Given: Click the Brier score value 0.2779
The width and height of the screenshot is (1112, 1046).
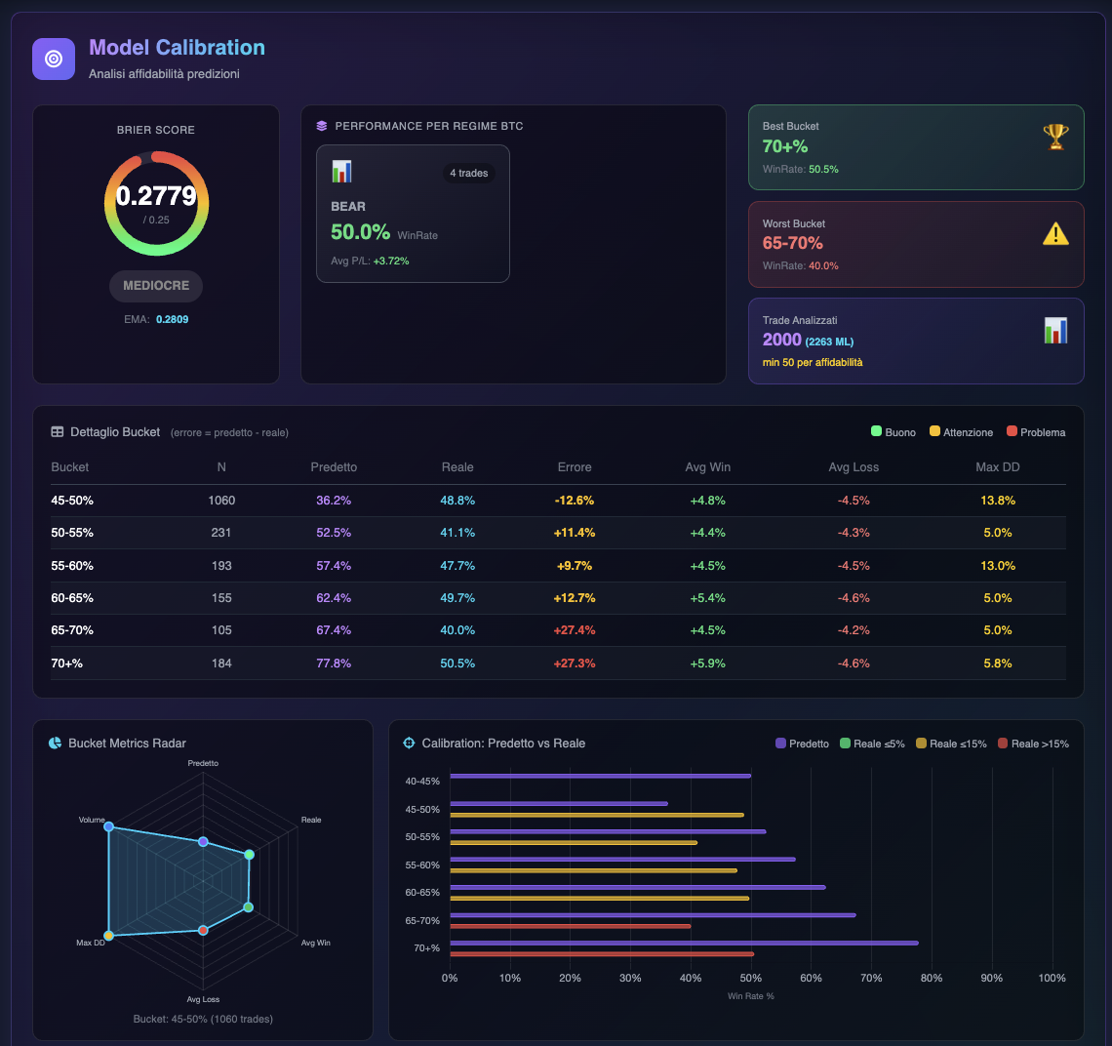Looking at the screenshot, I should (156, 196).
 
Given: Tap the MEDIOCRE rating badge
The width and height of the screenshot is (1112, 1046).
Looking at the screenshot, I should (156, 286).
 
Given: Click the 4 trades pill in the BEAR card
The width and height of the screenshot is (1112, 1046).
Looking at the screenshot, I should (468, 173).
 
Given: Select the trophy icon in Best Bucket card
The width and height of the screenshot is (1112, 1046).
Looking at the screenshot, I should (1056, 138).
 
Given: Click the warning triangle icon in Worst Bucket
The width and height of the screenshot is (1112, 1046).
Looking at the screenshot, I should (1056, 234).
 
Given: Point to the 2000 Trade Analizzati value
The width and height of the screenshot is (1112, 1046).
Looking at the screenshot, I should (781, 340).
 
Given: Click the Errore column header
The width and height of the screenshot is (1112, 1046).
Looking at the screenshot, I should (575, 467).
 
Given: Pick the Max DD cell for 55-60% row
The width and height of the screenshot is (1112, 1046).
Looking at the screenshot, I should (998, 566).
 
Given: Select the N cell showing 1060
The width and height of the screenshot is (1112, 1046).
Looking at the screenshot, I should (221, 501).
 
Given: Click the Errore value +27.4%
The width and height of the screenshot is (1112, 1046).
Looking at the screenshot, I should (575, 630).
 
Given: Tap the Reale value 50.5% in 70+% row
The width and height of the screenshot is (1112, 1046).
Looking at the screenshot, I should (457, 664).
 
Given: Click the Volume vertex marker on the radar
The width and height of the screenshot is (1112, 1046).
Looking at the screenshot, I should (109, 827).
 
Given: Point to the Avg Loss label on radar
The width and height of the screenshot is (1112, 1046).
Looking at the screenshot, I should (203, 999).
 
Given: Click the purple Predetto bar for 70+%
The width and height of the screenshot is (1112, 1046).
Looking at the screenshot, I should (683, 943).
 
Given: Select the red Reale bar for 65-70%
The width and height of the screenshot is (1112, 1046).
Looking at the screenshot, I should (570, 926).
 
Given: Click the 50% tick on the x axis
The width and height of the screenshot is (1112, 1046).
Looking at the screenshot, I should (750, 978).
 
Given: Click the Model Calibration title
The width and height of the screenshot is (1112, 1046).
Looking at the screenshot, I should (177, 48).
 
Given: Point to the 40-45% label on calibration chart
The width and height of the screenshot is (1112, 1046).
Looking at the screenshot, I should (421, 781).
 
